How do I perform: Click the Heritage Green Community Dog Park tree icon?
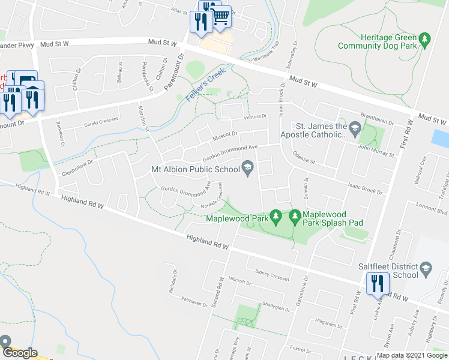coord(425,40)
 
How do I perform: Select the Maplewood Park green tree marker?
coord(276,215)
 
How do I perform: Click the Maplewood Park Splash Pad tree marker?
coord(295,215)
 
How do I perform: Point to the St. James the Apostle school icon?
coord(355,127)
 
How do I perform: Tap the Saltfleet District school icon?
coord(426,266)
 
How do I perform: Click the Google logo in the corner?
coord(20,353)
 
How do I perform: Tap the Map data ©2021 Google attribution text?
coord(411,355)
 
